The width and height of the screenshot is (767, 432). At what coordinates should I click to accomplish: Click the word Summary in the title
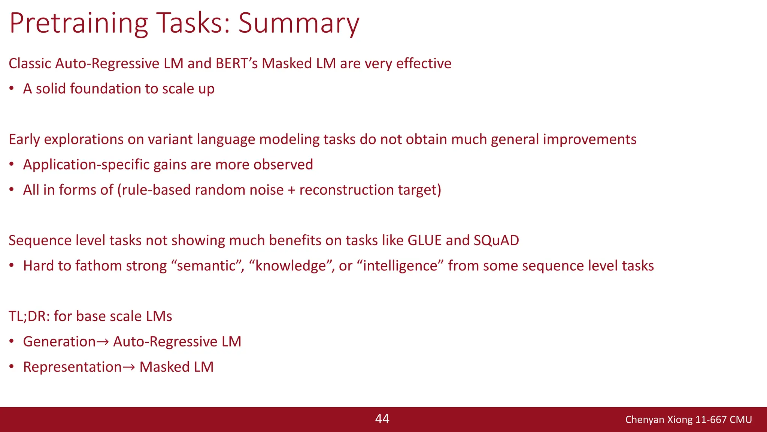[298, 23]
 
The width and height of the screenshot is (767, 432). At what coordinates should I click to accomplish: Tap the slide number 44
[382, 419]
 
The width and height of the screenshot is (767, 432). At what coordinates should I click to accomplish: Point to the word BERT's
[237, 63]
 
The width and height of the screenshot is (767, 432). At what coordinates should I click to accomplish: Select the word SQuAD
[496, 240]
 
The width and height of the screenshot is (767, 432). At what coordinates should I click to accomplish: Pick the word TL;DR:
[29, 316]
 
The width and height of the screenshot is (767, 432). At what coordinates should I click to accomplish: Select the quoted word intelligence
[400, 266]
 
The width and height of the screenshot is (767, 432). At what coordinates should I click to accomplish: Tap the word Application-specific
[86, 165]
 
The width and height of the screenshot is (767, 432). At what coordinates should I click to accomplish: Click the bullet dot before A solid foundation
[12, 89]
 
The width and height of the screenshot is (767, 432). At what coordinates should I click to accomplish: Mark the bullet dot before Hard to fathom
[12, 266]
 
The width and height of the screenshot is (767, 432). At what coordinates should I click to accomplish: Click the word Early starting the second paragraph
[24, 139]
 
